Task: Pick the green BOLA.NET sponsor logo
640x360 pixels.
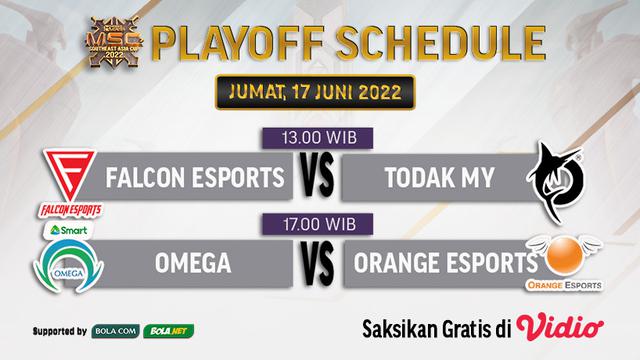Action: [x=171, y=331]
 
